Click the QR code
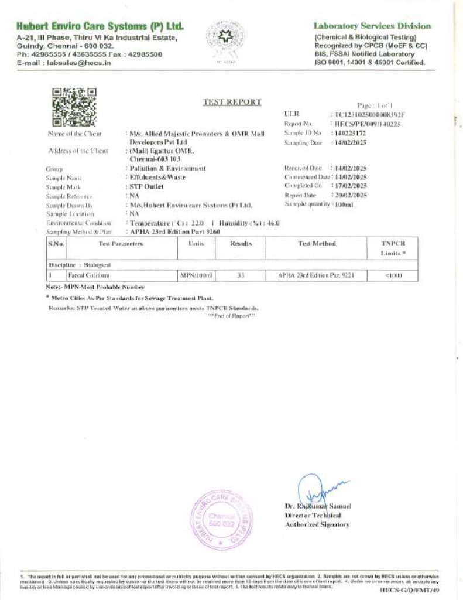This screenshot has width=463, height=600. point(74,107)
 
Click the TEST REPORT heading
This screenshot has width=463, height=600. point(232,102)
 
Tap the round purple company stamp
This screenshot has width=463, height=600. point(221,520)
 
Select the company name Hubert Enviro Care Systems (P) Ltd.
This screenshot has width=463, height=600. point(100,26)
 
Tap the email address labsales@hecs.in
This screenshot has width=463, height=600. point(78,63)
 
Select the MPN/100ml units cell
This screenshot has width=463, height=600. point(196,275)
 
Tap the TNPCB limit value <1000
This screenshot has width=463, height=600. point(393,275)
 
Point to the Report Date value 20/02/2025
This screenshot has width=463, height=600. point(349,195)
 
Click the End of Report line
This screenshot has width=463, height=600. point(232,316)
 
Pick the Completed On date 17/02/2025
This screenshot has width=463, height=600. point(349,186)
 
